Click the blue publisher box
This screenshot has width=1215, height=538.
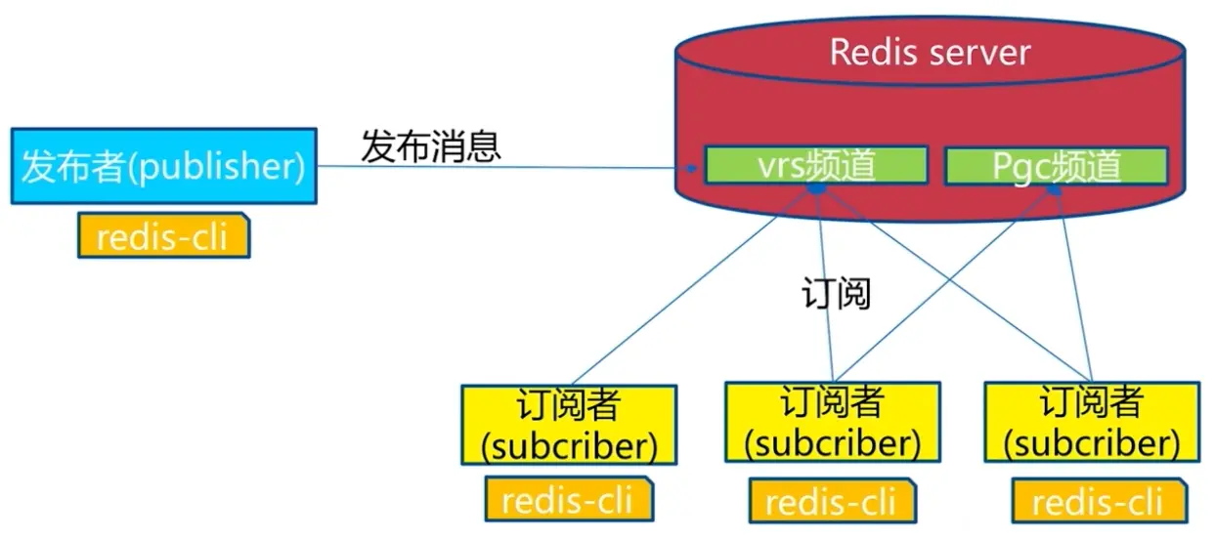[163, 166]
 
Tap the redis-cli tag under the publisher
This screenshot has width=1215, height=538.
[163, 236]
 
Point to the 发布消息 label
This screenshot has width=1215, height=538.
[431, 146]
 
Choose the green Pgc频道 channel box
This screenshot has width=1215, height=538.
[1056, 166]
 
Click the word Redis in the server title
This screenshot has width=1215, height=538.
[873, 52]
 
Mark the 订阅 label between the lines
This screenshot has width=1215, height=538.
[836, 293]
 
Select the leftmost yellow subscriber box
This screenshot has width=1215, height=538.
[569, 424]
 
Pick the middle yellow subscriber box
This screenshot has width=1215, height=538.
[832, 422]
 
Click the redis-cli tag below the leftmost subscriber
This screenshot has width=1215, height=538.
[569, 501]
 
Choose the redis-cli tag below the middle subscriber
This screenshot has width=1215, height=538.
[832, 502]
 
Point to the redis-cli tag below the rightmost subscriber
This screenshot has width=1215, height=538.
[1099, 503]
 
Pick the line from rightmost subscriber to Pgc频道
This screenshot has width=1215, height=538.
[1073, 283]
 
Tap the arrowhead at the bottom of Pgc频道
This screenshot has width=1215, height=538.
[1056, 190]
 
